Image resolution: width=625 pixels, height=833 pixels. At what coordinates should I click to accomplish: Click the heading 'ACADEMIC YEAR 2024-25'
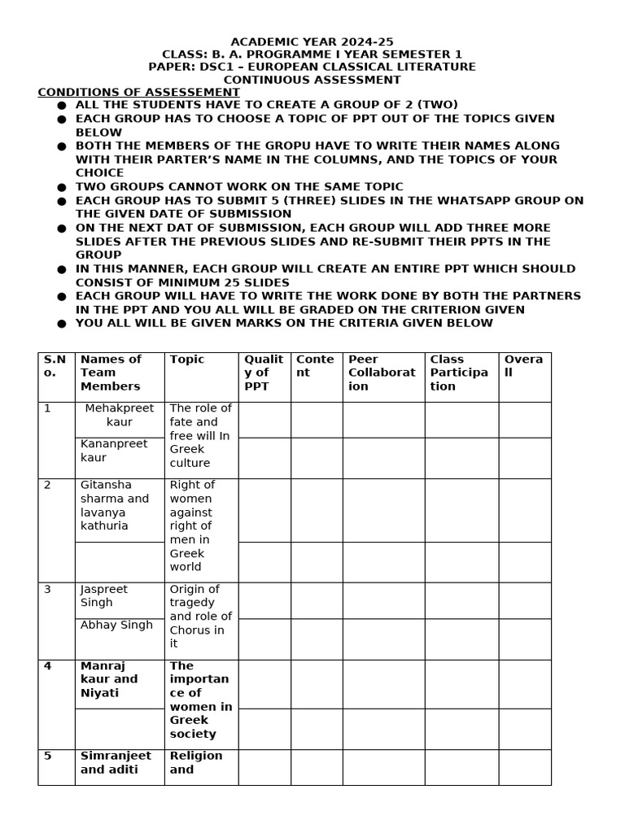point(312,41)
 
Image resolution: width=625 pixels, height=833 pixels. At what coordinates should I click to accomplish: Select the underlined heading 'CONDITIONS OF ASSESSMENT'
point(138,93)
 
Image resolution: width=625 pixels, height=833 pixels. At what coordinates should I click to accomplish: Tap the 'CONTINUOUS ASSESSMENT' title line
point(312,80)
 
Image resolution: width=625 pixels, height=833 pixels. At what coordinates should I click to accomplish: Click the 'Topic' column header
point(187,360)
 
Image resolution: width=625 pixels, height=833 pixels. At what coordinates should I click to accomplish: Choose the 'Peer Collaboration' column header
point(382,373)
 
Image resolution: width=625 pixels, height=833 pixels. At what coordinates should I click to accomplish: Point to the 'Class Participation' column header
point(459,373)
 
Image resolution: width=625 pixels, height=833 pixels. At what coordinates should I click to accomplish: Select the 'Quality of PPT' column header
point(264,373)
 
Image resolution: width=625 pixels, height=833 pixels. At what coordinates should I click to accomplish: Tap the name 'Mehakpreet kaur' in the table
point(119,415)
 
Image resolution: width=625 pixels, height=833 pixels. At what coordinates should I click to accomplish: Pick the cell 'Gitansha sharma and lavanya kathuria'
point(115,505)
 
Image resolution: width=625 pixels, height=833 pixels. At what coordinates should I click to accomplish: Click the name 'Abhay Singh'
point(116,625)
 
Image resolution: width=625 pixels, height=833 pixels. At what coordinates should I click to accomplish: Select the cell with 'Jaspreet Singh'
point(104,595)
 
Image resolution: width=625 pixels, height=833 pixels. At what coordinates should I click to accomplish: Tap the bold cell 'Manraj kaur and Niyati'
point(109,679)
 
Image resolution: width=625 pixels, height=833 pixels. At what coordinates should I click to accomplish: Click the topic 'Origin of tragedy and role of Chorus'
point(200,616)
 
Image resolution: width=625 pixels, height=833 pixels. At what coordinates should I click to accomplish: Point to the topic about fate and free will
point(200,435)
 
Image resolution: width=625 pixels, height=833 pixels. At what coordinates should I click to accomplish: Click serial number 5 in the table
point(47,756)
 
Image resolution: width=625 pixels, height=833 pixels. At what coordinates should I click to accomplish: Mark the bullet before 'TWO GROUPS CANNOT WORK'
point(62,187)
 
